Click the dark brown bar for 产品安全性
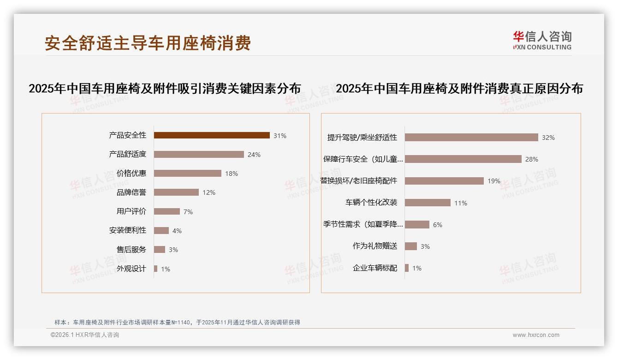[x=212, y=135]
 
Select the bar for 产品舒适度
[x=199, y=154]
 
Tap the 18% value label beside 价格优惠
[x=232, y=174]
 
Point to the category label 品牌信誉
[x=131, y=192]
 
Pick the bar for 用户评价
[x=167, y=211]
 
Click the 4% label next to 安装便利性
[x=177, y=231]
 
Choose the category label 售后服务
[x=131, y=250]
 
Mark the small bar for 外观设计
[x=156, y=269]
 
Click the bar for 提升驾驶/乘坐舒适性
[x=471, y=137]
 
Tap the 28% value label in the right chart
[x=532, y=159]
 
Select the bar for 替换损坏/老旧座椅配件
[x=444, y=181]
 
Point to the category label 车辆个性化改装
[x=371, y=203]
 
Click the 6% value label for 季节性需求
[x=438, y=225]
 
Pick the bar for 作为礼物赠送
[x=411, y=246]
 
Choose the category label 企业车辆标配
[x=375, y=268]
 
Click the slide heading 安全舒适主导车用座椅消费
[x=148, y=43]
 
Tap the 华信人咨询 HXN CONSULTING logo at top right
[x=542, y=41]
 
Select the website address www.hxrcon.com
[x=536, y=335]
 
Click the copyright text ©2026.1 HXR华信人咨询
[x=85, y=335]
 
